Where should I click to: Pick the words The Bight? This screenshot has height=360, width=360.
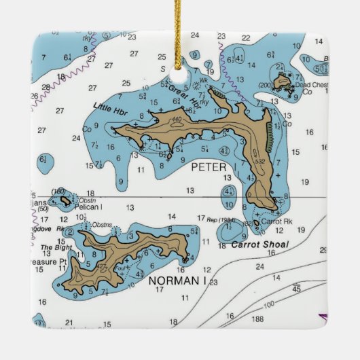[x=56, y=248]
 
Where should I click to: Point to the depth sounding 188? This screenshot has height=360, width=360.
[x=257, y=318]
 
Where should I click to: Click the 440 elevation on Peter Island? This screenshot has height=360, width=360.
[x=177, y=120]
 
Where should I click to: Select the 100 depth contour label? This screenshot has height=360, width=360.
[x=269, y=304]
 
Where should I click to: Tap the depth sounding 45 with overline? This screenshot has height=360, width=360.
[x=296, y=289]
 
